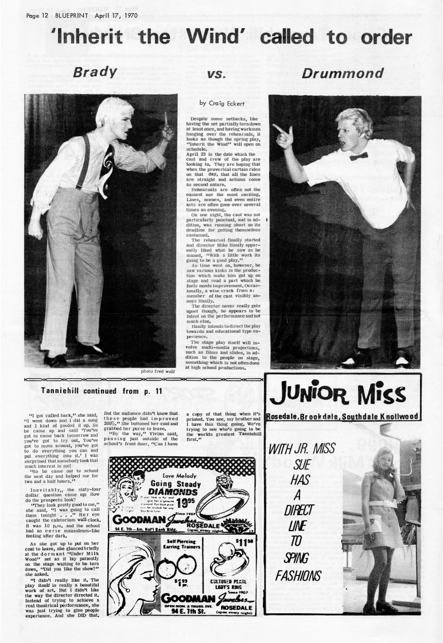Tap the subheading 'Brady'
pyautogui.click(x=95, y=73)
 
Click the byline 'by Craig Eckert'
pyautogui.click(x=219, y=103)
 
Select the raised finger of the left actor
pyautogui.click(x=165, y=119)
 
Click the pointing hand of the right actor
pyautogui.click(x=283, y=136)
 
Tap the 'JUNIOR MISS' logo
pyautogui.click(x=343, y=394)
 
